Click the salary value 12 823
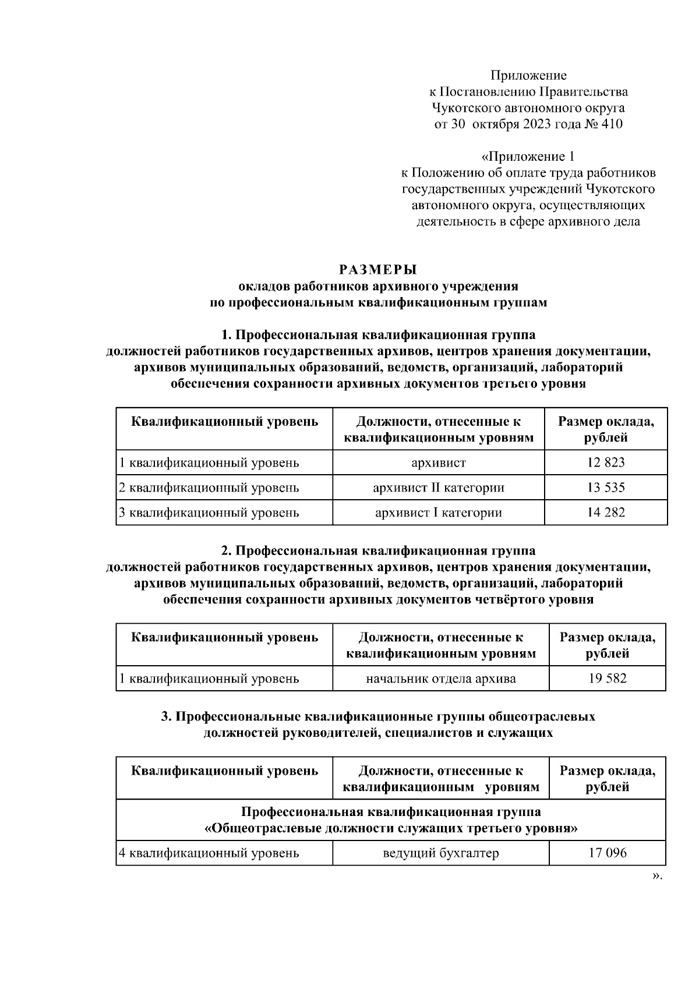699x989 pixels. point(606,462)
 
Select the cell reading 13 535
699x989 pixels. point(606,488)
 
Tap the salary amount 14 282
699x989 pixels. point(606,513)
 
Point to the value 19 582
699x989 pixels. point(608,678)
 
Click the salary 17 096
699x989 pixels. point(608,853)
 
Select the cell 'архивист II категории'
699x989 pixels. point(439,488)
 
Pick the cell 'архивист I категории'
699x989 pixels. point(439,513)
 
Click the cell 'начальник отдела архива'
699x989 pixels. point(441,678)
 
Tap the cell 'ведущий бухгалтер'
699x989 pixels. point(441,853)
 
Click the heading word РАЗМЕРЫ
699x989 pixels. point(379,270)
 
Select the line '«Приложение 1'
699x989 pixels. point(528,157)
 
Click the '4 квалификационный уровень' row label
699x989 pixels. point(209,853)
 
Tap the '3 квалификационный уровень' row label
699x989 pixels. point(209,513)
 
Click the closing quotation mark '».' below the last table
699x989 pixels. point(658,875)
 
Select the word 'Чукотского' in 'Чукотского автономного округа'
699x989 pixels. point(460,108)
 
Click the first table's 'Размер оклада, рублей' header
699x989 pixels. point(606,429)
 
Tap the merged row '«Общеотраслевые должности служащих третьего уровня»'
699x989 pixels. point(391,828)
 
